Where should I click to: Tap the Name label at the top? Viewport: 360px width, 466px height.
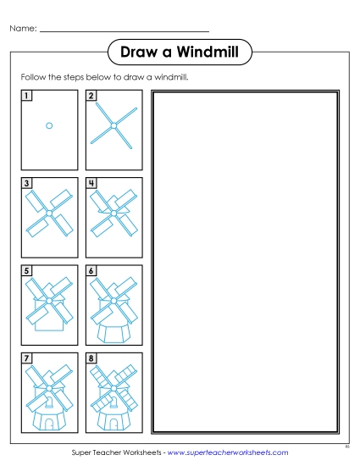(23, 30)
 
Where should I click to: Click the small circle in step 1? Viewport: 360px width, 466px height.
(49, 125)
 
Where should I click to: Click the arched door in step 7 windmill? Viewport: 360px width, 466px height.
(49, 420)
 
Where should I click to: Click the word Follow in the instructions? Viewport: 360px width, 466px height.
(33, 77)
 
